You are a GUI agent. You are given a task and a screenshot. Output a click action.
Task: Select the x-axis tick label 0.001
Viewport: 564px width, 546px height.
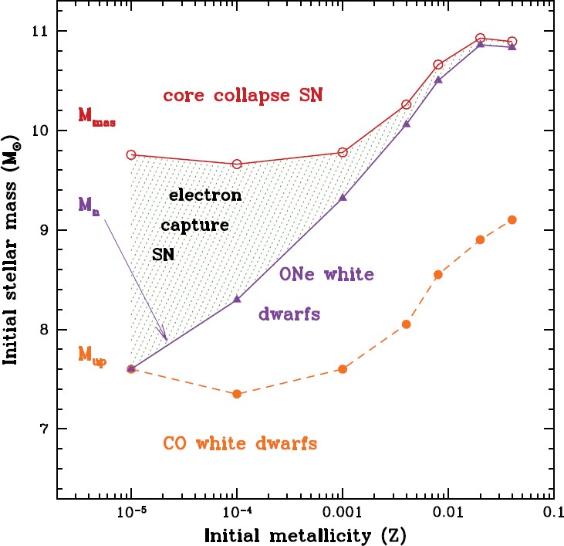click(x=343, y=512)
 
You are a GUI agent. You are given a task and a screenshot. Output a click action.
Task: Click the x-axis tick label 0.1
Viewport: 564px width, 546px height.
click(x=551, y=512)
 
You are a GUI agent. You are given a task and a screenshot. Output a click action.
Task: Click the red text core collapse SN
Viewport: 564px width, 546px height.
click(x=242, y=96)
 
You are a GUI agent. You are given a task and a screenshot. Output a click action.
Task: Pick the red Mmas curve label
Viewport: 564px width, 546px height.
click(x=97, y=116)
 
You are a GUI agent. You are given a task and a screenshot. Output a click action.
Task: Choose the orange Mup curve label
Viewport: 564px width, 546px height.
click(x=93, y=354)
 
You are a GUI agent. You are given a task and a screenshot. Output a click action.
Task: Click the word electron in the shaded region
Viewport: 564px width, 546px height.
click(x=205, y=195)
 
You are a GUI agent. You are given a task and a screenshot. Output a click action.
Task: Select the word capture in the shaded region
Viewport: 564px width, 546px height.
click(x=194, y=226)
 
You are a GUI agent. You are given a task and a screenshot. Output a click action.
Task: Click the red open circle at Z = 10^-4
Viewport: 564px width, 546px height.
click(x=237, y=164)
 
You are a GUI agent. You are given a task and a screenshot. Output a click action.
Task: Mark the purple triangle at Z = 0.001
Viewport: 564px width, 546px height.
click(x=343, y=198)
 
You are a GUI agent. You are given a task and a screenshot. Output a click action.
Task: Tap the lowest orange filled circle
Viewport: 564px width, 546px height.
click(x=237, y=394)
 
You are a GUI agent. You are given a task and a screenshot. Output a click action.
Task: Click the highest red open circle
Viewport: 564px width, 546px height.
click(x=480, y=38)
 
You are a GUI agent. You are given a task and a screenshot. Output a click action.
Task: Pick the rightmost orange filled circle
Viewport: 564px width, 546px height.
click(x=512, y=219)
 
